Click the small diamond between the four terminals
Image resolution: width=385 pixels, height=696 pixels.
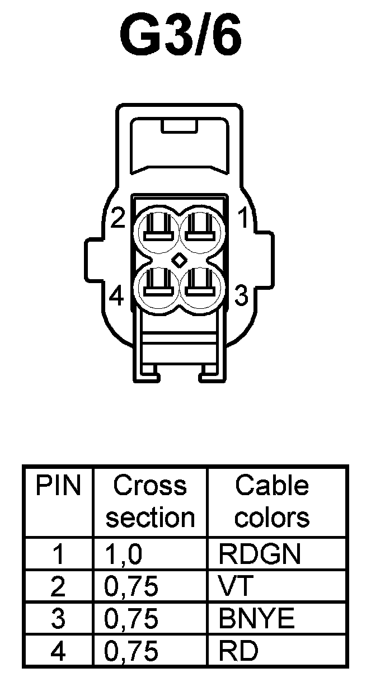point(179,260)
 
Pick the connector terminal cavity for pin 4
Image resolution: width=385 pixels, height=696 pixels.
point(158,288)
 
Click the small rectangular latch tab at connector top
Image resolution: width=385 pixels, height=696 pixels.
point(179,126)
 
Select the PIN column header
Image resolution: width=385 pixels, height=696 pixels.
point(59,486)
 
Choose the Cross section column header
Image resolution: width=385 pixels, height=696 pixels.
point(150,502)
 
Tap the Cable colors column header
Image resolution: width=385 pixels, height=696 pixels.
point(272,502)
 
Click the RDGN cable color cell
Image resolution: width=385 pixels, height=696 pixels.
point(260,554)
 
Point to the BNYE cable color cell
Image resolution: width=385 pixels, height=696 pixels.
point(256,619)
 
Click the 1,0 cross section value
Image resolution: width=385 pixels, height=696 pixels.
point(124,554)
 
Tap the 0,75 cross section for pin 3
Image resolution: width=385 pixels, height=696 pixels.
point(132,619)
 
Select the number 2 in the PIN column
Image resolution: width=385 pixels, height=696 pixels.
point(58,587)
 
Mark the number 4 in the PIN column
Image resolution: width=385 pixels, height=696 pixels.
point(58,651)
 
